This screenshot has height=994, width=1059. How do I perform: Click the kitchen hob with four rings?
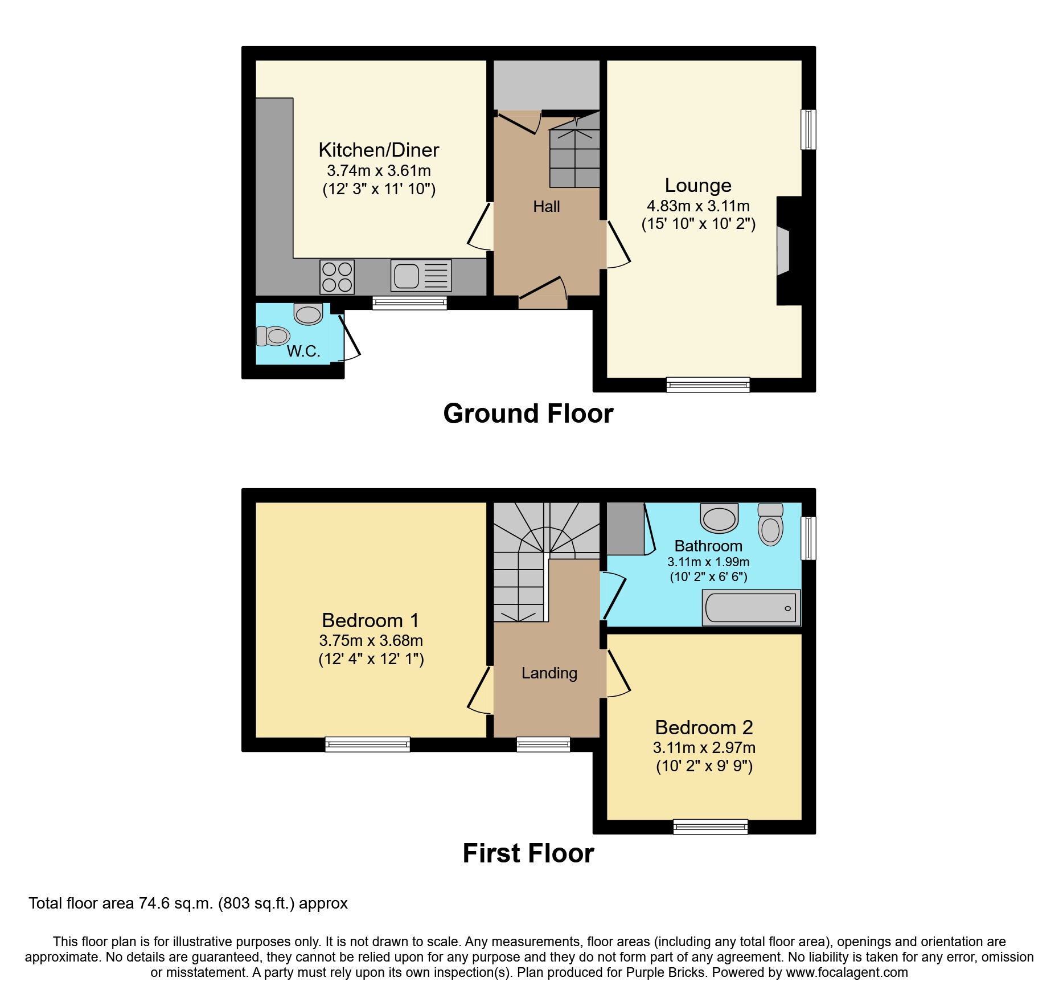pyautogui.click(x=337, y=277)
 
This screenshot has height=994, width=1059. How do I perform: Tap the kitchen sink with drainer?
pyautogui.click(x=421, y=276)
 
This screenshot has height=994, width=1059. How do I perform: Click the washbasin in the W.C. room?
pyautogui.click(x=308, y=314)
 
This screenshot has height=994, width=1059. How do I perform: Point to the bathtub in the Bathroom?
pyautogui.click(x=752, y=608)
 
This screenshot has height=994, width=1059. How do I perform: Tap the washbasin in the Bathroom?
pyautogui.click(x=719, y=518)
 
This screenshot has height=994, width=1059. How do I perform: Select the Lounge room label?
pyautogui.click(x=698, y=186)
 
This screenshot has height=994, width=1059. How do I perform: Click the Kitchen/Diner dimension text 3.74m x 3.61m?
pyautogui.click(x=379, y=170)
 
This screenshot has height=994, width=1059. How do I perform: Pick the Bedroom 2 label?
pyautogui.click(x=704, y=727)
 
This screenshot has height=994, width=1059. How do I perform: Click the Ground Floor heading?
pyautogui.click(x=528, y=414)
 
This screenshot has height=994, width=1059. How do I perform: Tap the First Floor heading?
pyautogui.click(x=528, y=853)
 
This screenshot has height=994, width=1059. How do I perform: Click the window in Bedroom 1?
pyautogui.click(x=367, y=744)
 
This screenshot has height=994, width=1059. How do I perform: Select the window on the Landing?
pyautogui.click(x=543, y=744)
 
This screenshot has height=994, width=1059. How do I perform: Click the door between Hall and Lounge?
pyautogui.click(x=617, y=245)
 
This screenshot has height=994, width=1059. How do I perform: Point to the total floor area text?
pyautogui.click(x=188, y=903)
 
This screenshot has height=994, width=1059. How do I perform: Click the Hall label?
pyautogui.click(x=547, y=207)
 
